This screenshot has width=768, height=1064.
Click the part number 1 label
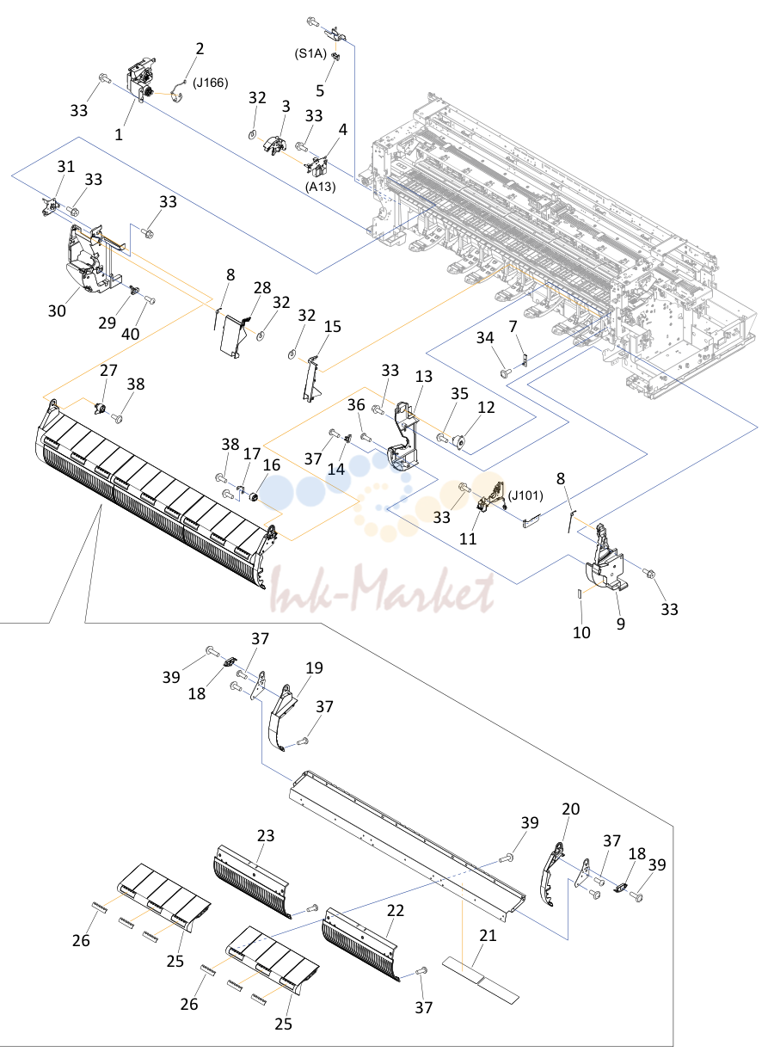point(119,135)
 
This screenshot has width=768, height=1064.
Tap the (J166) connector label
point(211,83)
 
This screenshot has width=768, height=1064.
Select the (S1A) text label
point(310,53)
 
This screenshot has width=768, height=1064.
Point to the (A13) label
point(321,187)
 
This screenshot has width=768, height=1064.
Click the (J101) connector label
point(525,495)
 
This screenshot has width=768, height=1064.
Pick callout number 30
point(57,311)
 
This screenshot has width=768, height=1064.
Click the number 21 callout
point(488,935)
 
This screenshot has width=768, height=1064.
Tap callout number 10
point(582,632)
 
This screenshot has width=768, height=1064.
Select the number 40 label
point(131,334)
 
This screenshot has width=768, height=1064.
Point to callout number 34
point(485,338)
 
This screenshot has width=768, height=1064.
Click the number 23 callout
point(266,835)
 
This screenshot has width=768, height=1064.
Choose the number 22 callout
point(396,910)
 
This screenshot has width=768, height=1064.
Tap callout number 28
point(262,288)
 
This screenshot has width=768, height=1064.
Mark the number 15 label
point(333,326)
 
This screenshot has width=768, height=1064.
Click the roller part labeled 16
point(254,498)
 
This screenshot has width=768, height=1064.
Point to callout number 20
point(571,809)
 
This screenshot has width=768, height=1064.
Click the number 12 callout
point(486,407)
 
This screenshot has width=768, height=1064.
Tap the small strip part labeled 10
point(580,594)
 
